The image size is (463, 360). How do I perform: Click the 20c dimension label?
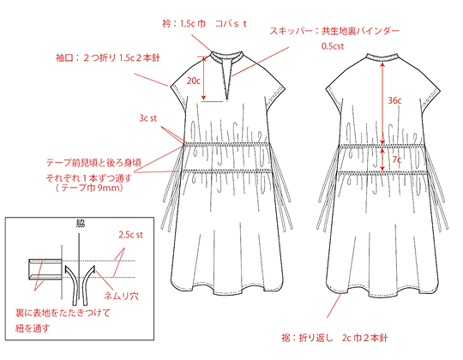194,81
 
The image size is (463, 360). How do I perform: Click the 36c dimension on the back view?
394,100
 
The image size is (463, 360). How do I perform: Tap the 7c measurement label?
397,159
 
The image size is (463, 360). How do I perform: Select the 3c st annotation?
148,118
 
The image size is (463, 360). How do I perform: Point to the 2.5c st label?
130,235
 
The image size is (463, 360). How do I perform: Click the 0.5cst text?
333,46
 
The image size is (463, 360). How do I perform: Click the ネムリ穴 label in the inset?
122,296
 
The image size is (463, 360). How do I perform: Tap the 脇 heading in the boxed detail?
79,223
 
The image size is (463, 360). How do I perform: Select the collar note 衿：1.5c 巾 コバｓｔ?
204,24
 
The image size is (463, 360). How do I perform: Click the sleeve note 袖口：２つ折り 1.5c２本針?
108,57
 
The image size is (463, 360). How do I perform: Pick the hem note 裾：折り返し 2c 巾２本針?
334,338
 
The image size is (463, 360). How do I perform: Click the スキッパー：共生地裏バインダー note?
334,31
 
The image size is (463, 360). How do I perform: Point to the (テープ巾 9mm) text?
89,188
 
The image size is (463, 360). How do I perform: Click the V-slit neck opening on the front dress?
227,79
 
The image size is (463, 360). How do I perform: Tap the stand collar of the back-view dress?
382,57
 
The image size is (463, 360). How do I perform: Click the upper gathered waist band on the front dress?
227,144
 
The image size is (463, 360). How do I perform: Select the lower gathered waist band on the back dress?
382,173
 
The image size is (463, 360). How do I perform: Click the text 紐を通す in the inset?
33,328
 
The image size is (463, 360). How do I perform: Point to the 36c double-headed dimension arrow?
382,103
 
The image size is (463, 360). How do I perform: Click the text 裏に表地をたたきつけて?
63,313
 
